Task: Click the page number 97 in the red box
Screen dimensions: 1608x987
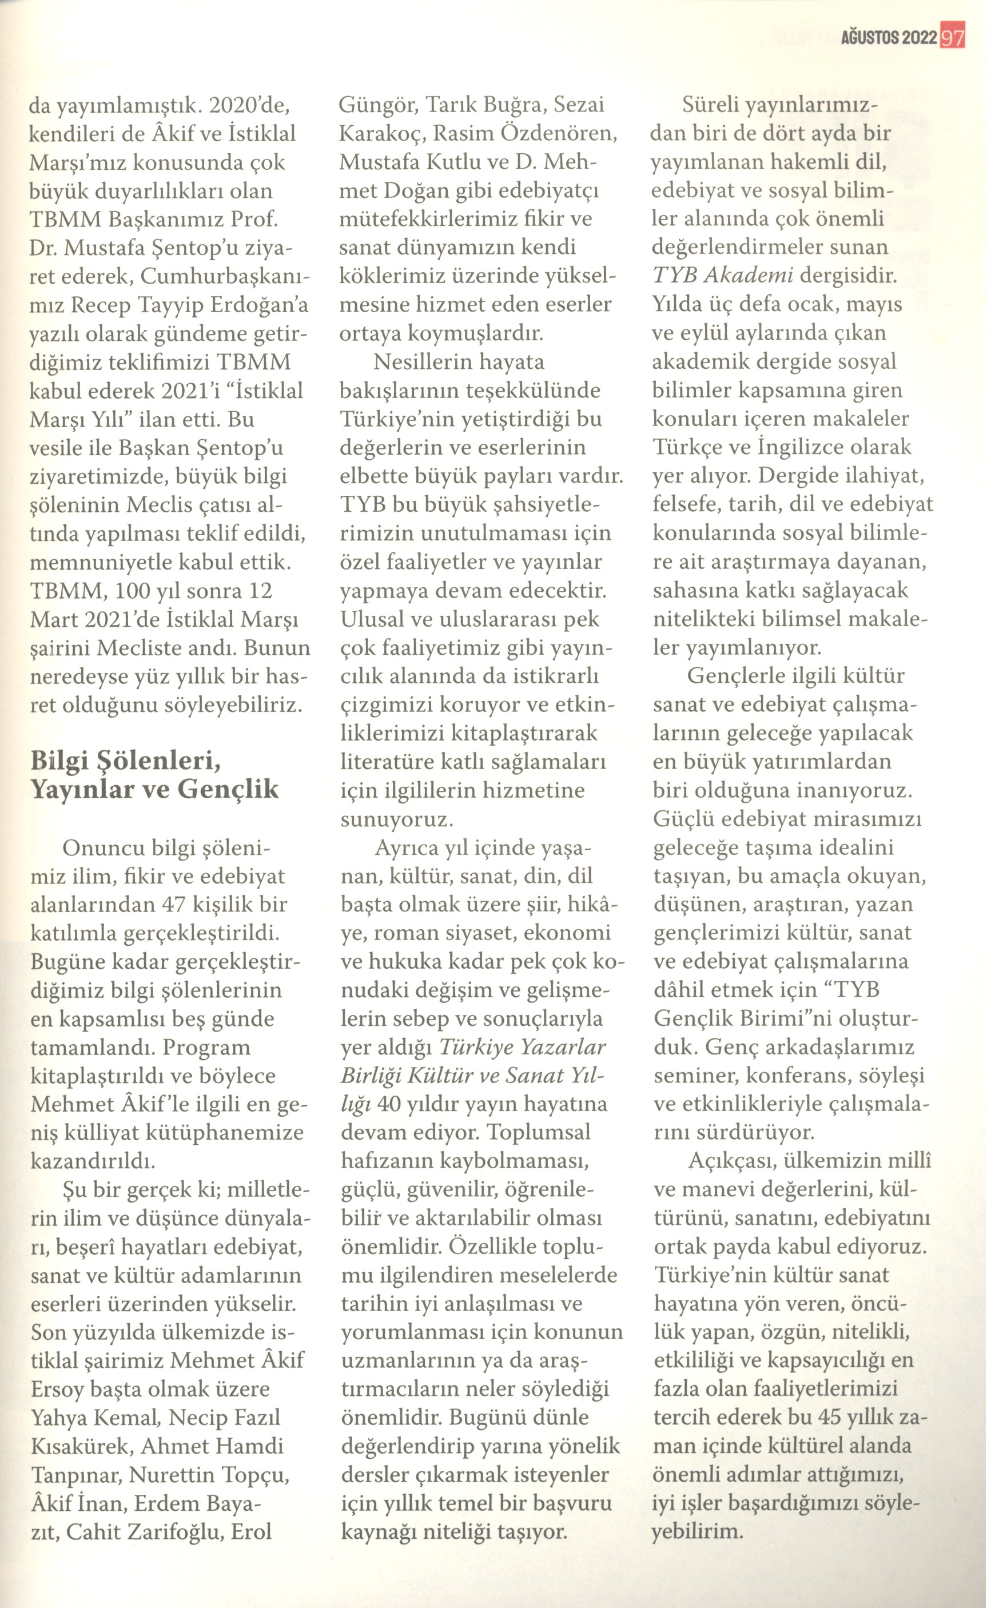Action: point(952,37)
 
